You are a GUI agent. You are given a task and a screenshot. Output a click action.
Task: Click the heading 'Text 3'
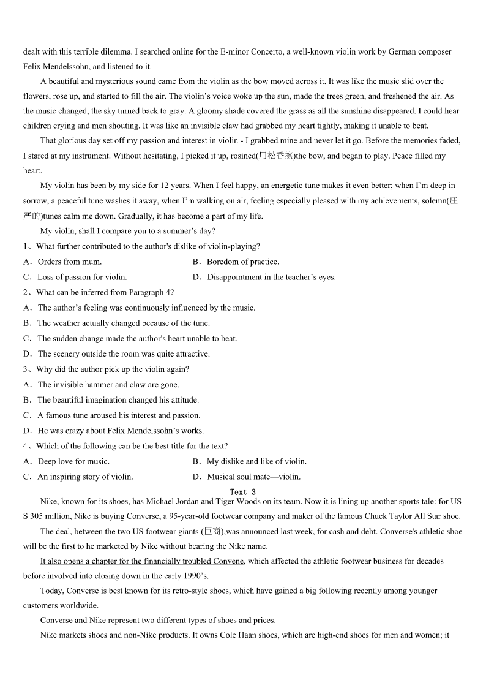pyautogui.click(x=242, y=492)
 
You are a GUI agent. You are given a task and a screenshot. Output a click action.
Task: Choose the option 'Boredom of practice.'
pyautogui.click(x=242, y=262)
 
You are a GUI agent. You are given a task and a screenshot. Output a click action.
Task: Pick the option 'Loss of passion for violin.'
pyautogui.click(x=82, y=277)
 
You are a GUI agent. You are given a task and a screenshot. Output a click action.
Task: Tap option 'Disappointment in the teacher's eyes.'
pyautogui.click(x=271, y=277)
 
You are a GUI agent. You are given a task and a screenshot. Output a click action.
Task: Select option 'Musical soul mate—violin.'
pyautogui.click(x=253, y=477)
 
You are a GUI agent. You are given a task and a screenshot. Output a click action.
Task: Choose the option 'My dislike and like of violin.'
pyautogui.click(x=256, y=461)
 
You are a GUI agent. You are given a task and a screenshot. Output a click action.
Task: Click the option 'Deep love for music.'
pyautogui.click(x=73, y=461)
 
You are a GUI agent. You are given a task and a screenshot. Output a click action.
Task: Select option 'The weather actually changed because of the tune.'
pyautogui.click(x=123, y=323)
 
